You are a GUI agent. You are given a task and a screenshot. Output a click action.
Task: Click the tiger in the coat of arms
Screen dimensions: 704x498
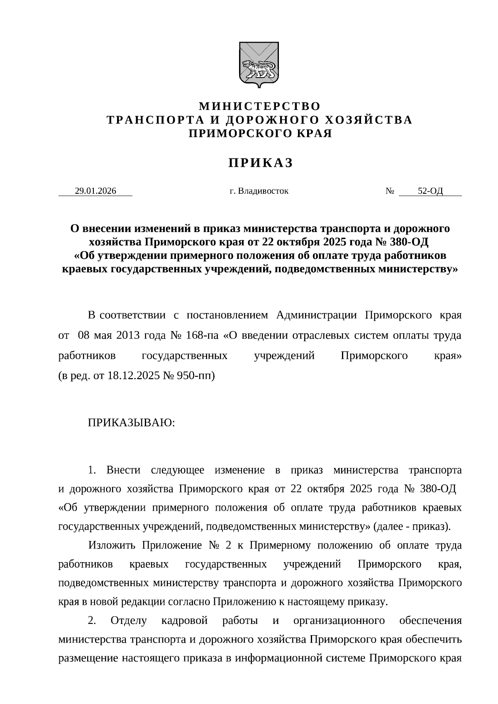click(x=258, y=68)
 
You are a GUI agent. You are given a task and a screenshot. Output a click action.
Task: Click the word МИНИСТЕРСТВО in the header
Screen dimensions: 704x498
click(x=260, y=106)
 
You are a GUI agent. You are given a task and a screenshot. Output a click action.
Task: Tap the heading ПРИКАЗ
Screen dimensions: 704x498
click(x=260, y=163)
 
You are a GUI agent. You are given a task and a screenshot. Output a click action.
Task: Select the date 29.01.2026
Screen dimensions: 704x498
click(x=95, y=191)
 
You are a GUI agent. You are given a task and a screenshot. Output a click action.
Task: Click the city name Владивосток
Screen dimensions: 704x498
click(x=263, y=191)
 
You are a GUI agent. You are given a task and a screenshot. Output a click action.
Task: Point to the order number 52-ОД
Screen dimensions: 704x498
click(x=430, y=191)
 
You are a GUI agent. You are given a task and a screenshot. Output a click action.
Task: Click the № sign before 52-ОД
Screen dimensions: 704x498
click(x=389, y=191)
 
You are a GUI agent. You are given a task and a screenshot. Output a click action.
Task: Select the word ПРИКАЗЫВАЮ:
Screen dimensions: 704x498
click(x=131, y=423)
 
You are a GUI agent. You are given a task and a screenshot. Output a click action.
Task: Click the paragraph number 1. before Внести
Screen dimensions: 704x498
click(x=92, y=470)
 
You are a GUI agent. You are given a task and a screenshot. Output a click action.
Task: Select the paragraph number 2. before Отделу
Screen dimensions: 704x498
click(x=92, y=621)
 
